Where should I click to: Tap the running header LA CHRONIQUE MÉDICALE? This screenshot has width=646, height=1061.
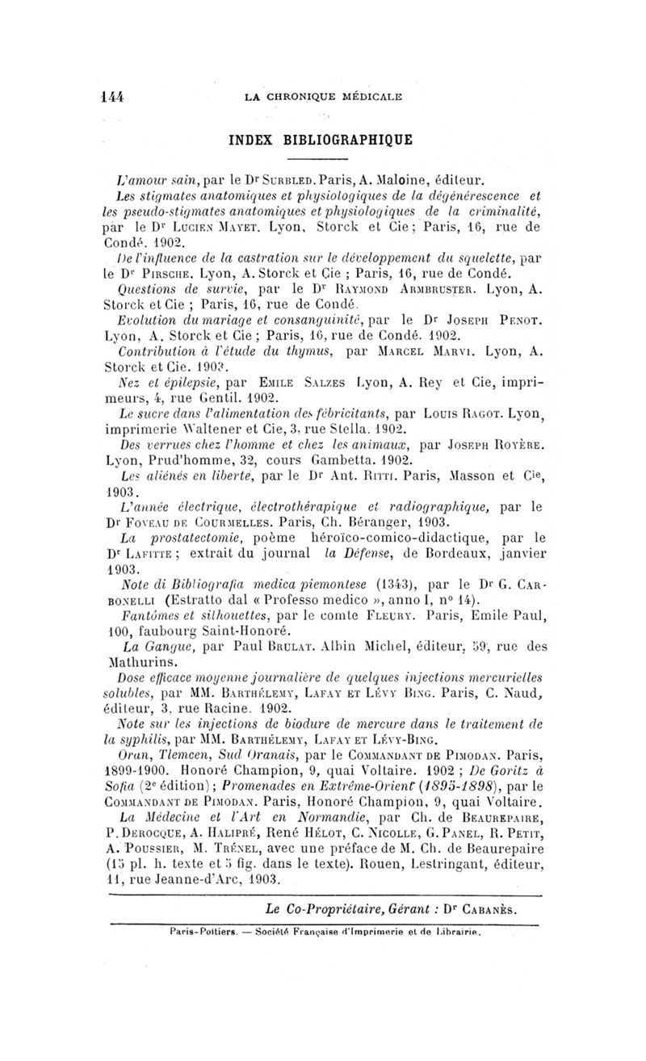[x=333, y=97]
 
